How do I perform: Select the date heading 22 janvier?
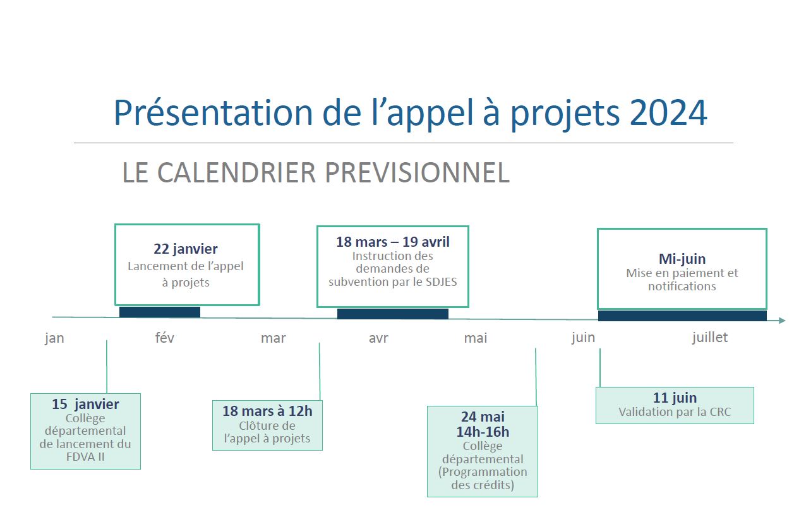coord(186,249)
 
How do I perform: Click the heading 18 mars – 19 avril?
coord(393,242)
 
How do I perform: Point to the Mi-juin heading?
coord(682,259)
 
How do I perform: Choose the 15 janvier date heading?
coord(85,404)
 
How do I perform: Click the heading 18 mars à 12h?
coord(267,412)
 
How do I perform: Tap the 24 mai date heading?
coord(483,417)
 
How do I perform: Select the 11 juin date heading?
coord(675,398)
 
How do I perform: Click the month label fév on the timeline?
coord(164,338)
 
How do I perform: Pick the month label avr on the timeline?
coord(378,338)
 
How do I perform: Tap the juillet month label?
coord(709,338)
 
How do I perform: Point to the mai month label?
coord(476,338)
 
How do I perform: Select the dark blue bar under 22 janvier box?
coord(160,312)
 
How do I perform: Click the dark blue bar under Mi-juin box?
coord(682,316)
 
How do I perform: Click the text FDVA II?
coord(85,457)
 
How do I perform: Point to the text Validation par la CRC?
coord(675,412)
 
